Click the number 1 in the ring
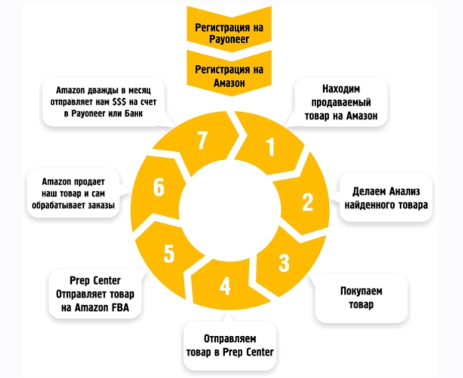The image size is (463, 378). click(x=270, y=147)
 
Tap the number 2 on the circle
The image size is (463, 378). click(x=307, y=202)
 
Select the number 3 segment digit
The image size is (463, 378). click(x=284, y=262)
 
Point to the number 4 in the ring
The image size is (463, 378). click(x=225, y=286)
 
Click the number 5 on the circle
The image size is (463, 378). click(x=169, y=254)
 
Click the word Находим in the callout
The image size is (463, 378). click(x=342, y=89)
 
